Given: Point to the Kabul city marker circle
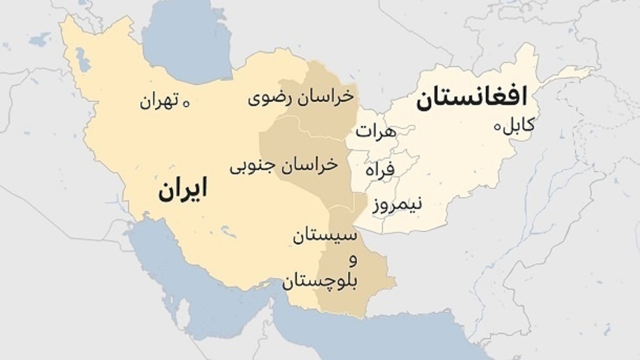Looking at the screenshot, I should pyautogui.click(x=498, y=127).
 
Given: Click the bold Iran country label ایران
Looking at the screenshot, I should pyautogui.click(x=182, y=190).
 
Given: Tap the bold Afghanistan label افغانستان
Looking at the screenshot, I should pyautogui.click(x=471, y=98).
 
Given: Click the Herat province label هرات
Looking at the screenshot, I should pyautogui.click(x=377, y=131).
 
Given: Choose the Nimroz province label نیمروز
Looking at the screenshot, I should pyautogui.click(x=397, y=204).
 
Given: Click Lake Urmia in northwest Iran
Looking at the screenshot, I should pyautogui.click(x=83, y=60).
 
